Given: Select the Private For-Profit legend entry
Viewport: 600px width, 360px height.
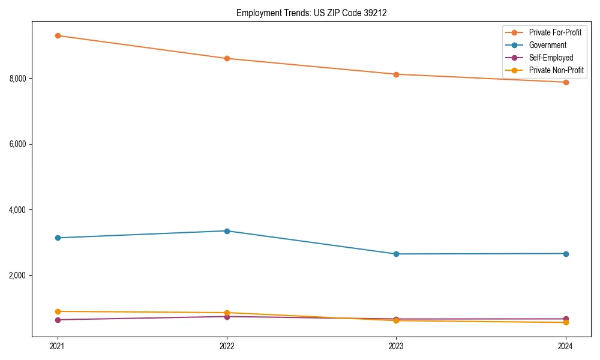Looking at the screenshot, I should [554, 32].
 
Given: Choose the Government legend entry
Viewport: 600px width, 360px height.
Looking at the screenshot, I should [547, 45].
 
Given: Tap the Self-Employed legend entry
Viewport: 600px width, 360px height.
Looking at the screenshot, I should [551, 58].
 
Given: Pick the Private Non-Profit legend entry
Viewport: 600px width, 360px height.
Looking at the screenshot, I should [556, 71].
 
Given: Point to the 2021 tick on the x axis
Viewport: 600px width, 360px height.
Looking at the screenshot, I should [58, 346].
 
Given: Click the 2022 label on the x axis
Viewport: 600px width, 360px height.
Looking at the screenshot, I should [227, 346].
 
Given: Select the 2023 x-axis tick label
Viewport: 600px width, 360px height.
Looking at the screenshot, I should [396, 346].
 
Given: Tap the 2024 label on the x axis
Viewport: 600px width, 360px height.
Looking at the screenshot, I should [565, 346].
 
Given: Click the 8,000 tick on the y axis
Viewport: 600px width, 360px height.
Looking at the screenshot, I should [19, 79].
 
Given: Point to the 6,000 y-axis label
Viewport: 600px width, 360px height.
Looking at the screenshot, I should [19, 144].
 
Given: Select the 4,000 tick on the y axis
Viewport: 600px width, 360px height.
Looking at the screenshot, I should [19, 210].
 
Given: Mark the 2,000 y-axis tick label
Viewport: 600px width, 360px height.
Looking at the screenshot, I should [19, 275].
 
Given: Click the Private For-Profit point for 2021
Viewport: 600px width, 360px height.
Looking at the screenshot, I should [58, 35].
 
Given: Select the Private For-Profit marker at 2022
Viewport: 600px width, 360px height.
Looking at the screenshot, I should [227, 58].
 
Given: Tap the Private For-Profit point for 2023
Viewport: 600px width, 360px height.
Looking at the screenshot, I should [396, 74].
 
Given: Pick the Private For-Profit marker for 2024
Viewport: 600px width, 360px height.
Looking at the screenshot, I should [565, 82].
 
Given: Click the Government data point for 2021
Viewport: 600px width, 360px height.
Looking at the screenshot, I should [58, 238].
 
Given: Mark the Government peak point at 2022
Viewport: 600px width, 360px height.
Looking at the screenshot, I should [227, 231].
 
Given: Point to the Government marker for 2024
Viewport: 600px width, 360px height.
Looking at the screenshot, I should [565, 254].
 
